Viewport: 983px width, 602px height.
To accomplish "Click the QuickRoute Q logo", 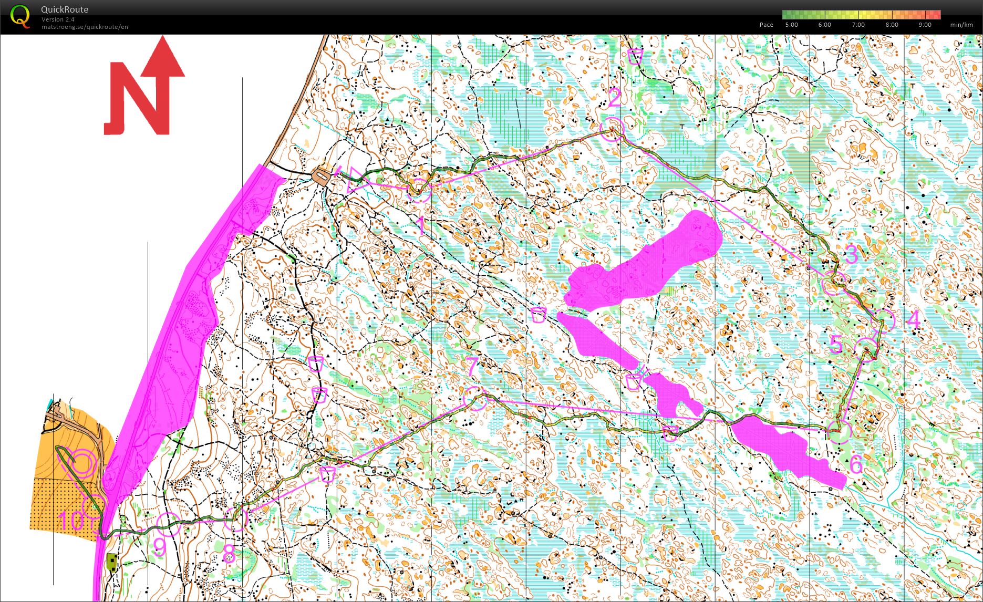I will click(x=20, y=16).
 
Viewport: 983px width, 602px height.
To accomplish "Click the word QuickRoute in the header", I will click(x=65, y=9).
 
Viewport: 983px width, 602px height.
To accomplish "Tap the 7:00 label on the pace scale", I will click(x=858, y=25).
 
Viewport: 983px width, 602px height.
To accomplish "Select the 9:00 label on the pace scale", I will click(x=925, y=25).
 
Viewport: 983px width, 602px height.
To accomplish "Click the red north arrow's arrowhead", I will click(x=163, y=58).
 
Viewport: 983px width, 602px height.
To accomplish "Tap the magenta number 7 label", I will click(x=472, y=366).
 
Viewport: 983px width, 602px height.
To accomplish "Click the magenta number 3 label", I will click(x=851, y=254).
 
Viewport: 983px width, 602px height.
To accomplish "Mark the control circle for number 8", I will click(x=236, y=519).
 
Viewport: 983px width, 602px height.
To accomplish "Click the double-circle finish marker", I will click(x=81, y=463).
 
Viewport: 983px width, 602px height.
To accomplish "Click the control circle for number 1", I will click(x=419, y=190).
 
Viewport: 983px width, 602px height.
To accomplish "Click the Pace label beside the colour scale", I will click(x=766, y=25).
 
